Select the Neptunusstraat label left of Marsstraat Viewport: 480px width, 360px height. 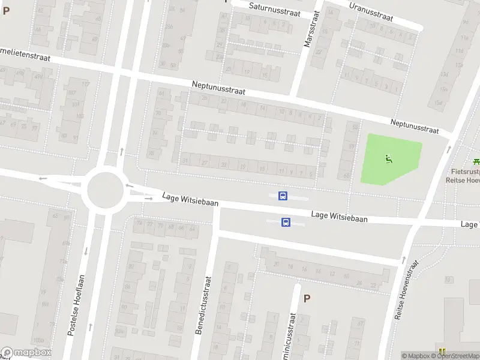(219, 88)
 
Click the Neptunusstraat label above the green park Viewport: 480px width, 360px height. (414, 126)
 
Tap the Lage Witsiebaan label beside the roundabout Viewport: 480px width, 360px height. (190, 199)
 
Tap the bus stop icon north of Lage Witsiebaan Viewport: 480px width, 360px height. (283, 196)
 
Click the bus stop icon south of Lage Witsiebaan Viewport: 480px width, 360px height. (286, 223)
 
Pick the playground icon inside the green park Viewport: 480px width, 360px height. (389, 159)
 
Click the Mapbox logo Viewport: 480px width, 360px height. (26, 353)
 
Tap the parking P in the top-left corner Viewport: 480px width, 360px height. (6, 10)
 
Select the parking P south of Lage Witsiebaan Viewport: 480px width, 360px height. (307, 298)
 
